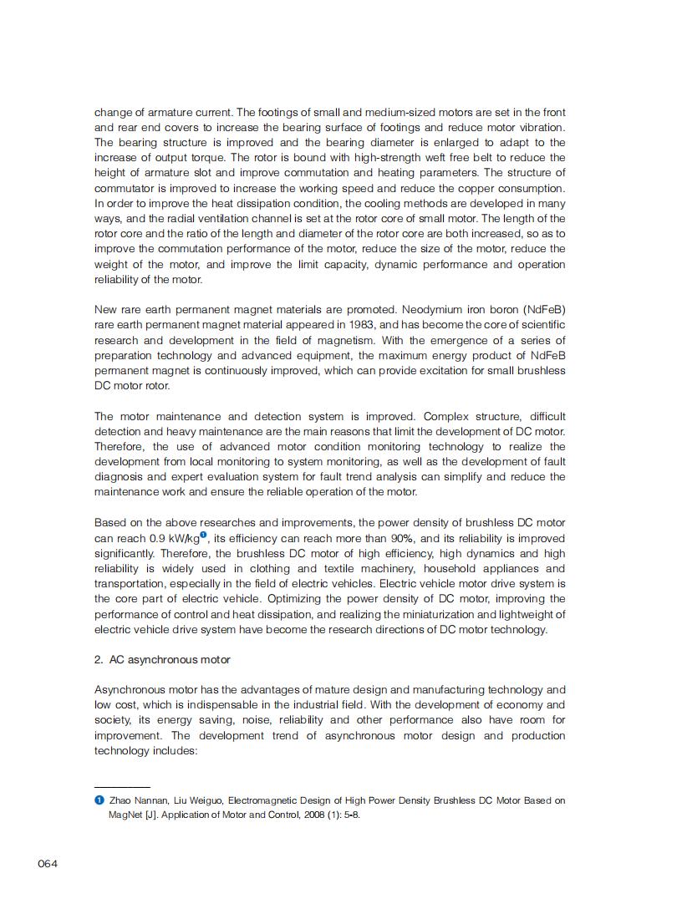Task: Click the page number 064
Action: point(48,864)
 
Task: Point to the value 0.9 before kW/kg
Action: point(157,539)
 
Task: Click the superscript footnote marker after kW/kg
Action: point(203,536)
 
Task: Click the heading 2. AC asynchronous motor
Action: point(162,660)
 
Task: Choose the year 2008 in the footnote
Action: point(292,815)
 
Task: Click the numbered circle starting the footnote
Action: point(99,800)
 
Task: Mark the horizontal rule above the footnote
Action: point(122,787)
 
